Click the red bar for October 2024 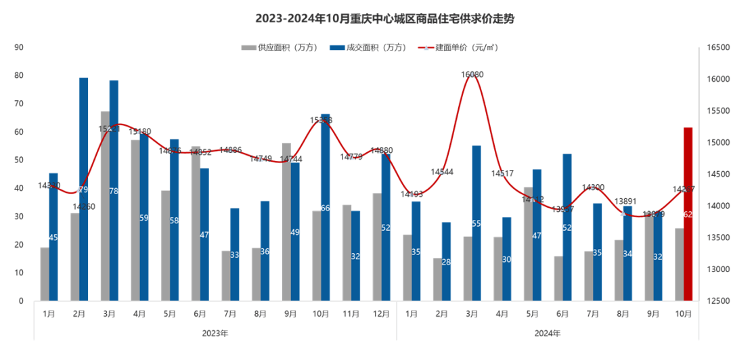click(x=688, y=214)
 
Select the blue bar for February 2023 click(x=83, y=189)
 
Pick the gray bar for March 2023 click(x=105, y=206)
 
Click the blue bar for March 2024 click(x=477, y=223)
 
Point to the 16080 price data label click(x=472, y=74)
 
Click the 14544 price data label click(x=441, y=172)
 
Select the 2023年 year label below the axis click(x=215, y=333)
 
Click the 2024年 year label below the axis click(x=547, y=333)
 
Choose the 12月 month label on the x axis click(x=381, y=314)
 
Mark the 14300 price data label click(x=593, y=188)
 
